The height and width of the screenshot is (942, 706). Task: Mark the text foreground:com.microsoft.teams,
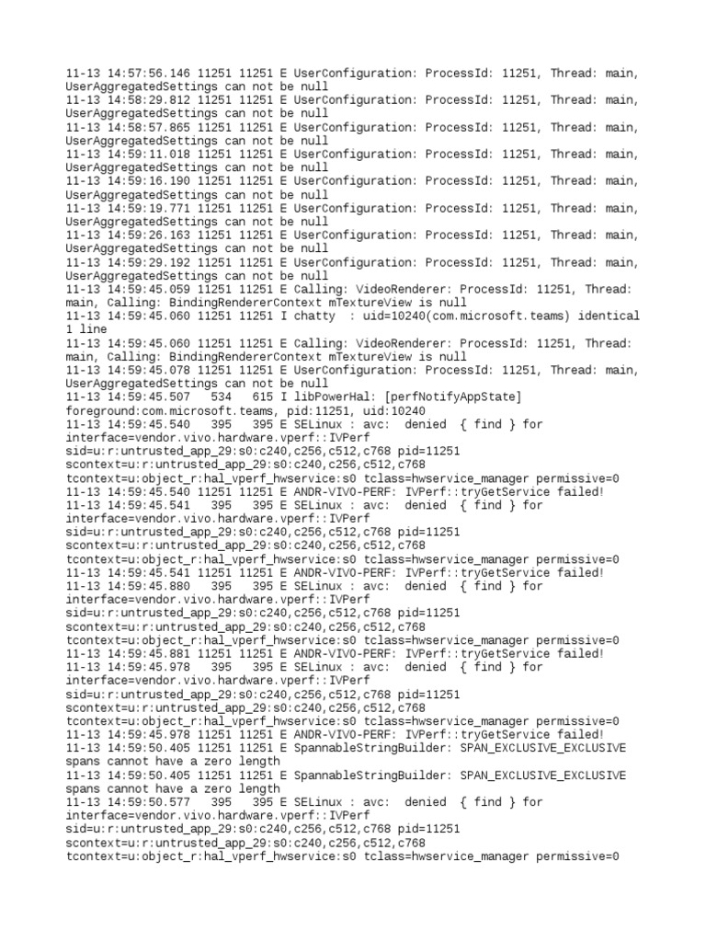(165, 410)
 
